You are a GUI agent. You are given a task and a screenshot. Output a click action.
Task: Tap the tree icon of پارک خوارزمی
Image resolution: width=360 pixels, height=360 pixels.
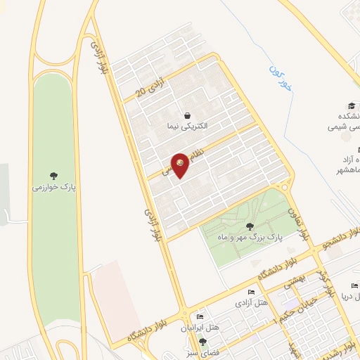[x=55, y=176]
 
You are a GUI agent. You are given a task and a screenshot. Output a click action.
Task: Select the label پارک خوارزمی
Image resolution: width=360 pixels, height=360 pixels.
[x=53, y=188]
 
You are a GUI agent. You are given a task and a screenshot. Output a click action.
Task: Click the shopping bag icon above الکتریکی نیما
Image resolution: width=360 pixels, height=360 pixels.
[x=187, y=115]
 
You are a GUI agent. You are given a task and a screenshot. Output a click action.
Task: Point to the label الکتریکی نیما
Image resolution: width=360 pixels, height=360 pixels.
[x=187, y=127]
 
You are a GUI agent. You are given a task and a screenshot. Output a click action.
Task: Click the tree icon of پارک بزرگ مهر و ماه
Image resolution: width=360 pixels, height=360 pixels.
[x=250, y=226]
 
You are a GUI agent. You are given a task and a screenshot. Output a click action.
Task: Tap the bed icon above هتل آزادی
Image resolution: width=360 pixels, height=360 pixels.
[x=252, y=292]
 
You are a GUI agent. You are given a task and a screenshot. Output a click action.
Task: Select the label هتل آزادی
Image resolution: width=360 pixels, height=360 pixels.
[x=251, y=303]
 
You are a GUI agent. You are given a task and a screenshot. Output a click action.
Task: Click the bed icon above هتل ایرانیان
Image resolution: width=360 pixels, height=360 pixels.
[x=200, y=318]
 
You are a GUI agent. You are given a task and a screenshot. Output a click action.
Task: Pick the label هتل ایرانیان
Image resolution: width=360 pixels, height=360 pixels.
[x=206, y=328]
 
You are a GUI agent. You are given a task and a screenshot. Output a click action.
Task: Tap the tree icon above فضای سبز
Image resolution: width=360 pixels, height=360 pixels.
[x=202, y=342]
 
